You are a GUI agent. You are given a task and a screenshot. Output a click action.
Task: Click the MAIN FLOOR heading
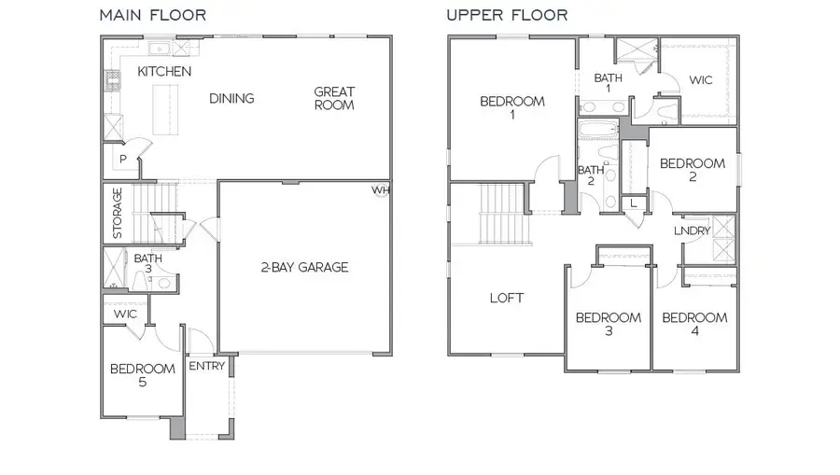(153, 15)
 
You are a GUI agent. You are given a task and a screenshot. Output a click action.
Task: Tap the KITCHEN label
(164, 72)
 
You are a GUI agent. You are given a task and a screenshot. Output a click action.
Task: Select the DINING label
(231, 99)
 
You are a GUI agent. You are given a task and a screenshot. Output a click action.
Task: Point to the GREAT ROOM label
(333, 98)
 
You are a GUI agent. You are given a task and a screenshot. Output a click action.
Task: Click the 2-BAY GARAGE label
(304, 268)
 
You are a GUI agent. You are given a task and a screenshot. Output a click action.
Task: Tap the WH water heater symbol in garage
(380, 190)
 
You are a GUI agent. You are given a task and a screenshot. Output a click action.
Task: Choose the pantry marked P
(122, 161)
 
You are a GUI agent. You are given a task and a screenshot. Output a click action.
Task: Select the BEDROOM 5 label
(142, 375)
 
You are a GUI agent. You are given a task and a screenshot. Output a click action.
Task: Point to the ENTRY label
(206, 367)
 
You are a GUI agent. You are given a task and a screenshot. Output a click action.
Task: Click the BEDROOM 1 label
(511, 108)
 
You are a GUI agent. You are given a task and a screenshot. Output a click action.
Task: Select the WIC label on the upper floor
(701, 80)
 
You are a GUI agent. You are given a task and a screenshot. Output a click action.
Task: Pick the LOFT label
(507, 299)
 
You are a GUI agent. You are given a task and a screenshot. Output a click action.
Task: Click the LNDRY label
(692, 231)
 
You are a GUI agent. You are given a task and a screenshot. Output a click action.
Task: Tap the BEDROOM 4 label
(694, 324)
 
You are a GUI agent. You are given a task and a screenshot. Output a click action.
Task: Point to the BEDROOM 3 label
(608, 324)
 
